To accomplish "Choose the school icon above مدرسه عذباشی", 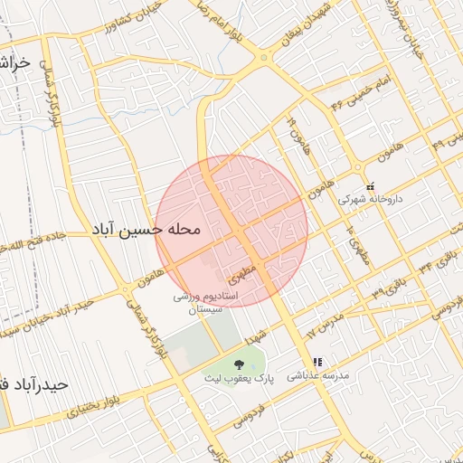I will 317,362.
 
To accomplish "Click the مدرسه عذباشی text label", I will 324,374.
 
